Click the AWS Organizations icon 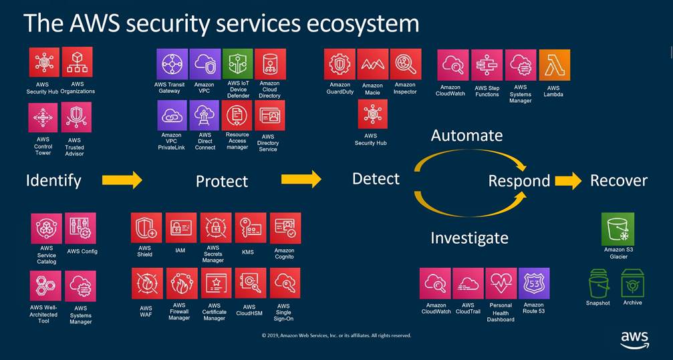[78, 62]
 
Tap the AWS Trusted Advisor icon [76, 118]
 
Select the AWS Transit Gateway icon [172, 64]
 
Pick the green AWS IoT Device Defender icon [237, 64]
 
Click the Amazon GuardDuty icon [340, 64]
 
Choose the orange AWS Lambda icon [554, 65]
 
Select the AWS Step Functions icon [487, 65]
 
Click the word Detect [376, 178]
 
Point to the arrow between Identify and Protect [122, 180]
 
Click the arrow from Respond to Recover [568, 180]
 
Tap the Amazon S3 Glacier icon [618, 229]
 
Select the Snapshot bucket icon [598, 283]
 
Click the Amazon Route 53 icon [534, 284]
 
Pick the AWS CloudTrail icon [468, 284]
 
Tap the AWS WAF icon [146, 284]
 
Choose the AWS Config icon [81, 228]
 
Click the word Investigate [469, 238]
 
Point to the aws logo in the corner [634, 339]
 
